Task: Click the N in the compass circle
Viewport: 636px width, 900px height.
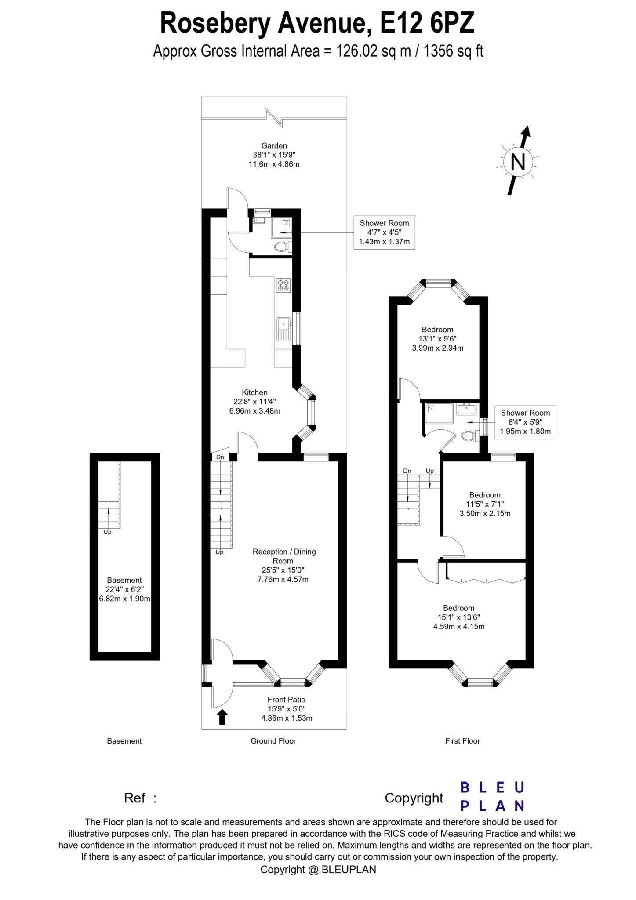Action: (518, 163)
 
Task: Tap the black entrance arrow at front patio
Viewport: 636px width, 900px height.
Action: (222, 717)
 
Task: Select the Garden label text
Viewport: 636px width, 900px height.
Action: (274, 155)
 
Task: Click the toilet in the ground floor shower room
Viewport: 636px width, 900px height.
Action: (281, 247)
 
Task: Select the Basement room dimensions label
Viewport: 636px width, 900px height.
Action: (124, 589)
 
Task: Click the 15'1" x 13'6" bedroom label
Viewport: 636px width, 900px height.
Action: (458, 617)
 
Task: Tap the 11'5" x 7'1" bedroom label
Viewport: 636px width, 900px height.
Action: (484, 504)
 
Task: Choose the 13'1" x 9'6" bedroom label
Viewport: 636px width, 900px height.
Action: (437, 339)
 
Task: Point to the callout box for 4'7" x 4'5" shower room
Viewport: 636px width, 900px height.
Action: (384, 232)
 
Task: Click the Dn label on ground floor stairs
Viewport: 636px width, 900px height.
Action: (220, 457)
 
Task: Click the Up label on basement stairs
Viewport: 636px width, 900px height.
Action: (107, 532)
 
